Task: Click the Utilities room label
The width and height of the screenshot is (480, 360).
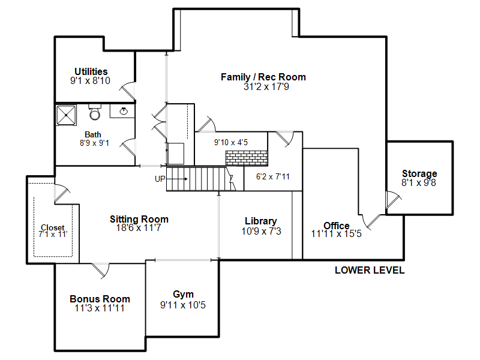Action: click(91, 71)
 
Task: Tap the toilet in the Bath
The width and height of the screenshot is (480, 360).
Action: click(95, 112)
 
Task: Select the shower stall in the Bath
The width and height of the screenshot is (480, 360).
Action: click(66, 115)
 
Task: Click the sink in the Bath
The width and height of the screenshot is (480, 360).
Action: click(124, 111)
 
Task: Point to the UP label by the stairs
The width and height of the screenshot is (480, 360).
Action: click(160, 179)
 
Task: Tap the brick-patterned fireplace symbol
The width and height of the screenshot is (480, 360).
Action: click(247, 158)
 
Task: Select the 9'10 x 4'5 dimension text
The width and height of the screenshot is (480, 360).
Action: click(231, 142)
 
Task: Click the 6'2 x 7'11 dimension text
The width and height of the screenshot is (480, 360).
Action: click(273, 176)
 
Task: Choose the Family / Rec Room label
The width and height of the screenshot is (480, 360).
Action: click(263, 77)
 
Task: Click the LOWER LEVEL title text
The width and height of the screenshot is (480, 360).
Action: click(370, 270)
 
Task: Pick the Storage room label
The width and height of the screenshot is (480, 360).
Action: click(419, 173)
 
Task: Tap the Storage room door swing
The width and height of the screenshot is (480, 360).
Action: click(394, 199)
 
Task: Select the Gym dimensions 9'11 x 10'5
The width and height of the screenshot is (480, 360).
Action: click(183, 305)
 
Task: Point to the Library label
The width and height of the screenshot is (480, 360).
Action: click(261, 221)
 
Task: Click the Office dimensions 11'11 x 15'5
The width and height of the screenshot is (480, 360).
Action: click(337, 233)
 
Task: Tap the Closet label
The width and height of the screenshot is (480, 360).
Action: click(53, 227)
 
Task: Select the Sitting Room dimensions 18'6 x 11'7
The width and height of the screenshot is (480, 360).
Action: click(139, 227)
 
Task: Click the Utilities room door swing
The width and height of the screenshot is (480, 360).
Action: click(128, 91)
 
